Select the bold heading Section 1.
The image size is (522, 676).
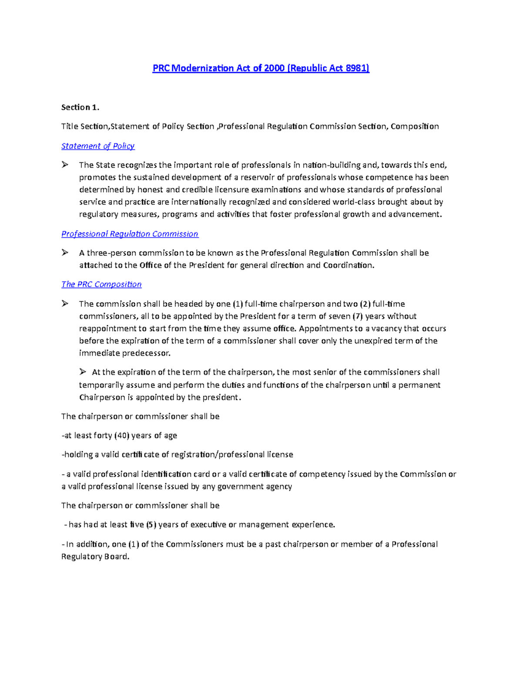80,107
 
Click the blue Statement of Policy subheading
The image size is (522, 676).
98,146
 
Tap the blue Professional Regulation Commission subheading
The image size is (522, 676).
130,234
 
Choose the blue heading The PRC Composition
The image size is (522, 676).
101,284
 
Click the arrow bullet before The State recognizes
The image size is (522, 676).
65,165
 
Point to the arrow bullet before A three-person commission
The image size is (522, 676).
65,252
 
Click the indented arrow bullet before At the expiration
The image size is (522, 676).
83,372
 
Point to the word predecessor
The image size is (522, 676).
146,353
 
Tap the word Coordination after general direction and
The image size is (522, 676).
348,265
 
